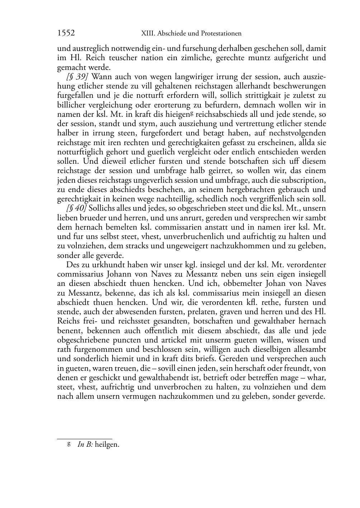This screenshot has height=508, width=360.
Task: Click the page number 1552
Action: click(x=66, y=33)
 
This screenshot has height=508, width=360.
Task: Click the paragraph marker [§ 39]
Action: click(x=75, y=77)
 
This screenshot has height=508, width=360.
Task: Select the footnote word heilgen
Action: click(x=107, y=445)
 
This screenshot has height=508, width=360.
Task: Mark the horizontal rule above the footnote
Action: click(x=85, y=438)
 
